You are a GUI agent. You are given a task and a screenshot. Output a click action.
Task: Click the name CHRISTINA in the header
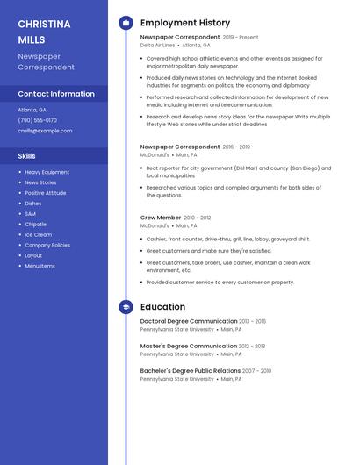pyautogui.click(x=44, y=24)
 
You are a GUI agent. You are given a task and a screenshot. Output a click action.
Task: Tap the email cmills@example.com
pyautogui.click(x=45, y=131)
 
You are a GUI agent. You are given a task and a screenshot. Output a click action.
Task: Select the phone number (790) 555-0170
pyautogui.click(x=37, y=120)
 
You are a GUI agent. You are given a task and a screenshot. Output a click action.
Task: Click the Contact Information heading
pyautogui.click(x=56, y=93)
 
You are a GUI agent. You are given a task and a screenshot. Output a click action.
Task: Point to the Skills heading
pyautogui.click(x=26, y=155)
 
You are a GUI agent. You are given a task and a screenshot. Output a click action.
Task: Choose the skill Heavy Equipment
pyautogui.click(x=47, y=172)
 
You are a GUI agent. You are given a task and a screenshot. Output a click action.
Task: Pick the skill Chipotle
pyautogui.click(x=35, y=224)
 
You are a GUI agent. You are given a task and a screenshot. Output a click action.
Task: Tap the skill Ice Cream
pyautogui.click(x=38, y=234)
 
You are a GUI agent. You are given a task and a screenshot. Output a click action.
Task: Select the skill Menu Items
pyautogui.click(x=40, y=266)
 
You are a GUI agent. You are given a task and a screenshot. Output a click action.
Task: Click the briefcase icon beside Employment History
pyautogui.click(x=126, y=23)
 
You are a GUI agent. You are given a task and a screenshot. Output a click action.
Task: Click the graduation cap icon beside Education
pyautogui.click(x=126, y=307)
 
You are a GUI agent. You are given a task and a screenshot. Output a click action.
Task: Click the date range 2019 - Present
pyautogui.click(x=241, y=38)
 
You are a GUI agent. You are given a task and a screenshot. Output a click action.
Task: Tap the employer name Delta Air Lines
pyautogui.click(x=157, y=45)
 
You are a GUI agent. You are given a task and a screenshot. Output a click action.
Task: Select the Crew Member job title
pyautogui.click(x=161, y=218)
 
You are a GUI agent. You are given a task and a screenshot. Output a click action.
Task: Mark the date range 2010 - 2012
pyautogui.click(x=198, y=218)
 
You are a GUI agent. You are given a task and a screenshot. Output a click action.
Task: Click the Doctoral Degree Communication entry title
pyautogui.click(x=189, y=321)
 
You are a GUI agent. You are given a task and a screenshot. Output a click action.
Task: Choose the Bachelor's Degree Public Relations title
pyautogui.click(x=190, y=371)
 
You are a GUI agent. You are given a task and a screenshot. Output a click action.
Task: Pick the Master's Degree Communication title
pyautogui.click(x=189, y=346)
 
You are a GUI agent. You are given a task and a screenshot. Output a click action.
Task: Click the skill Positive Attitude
pyautogui.click(x=45, y=193)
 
